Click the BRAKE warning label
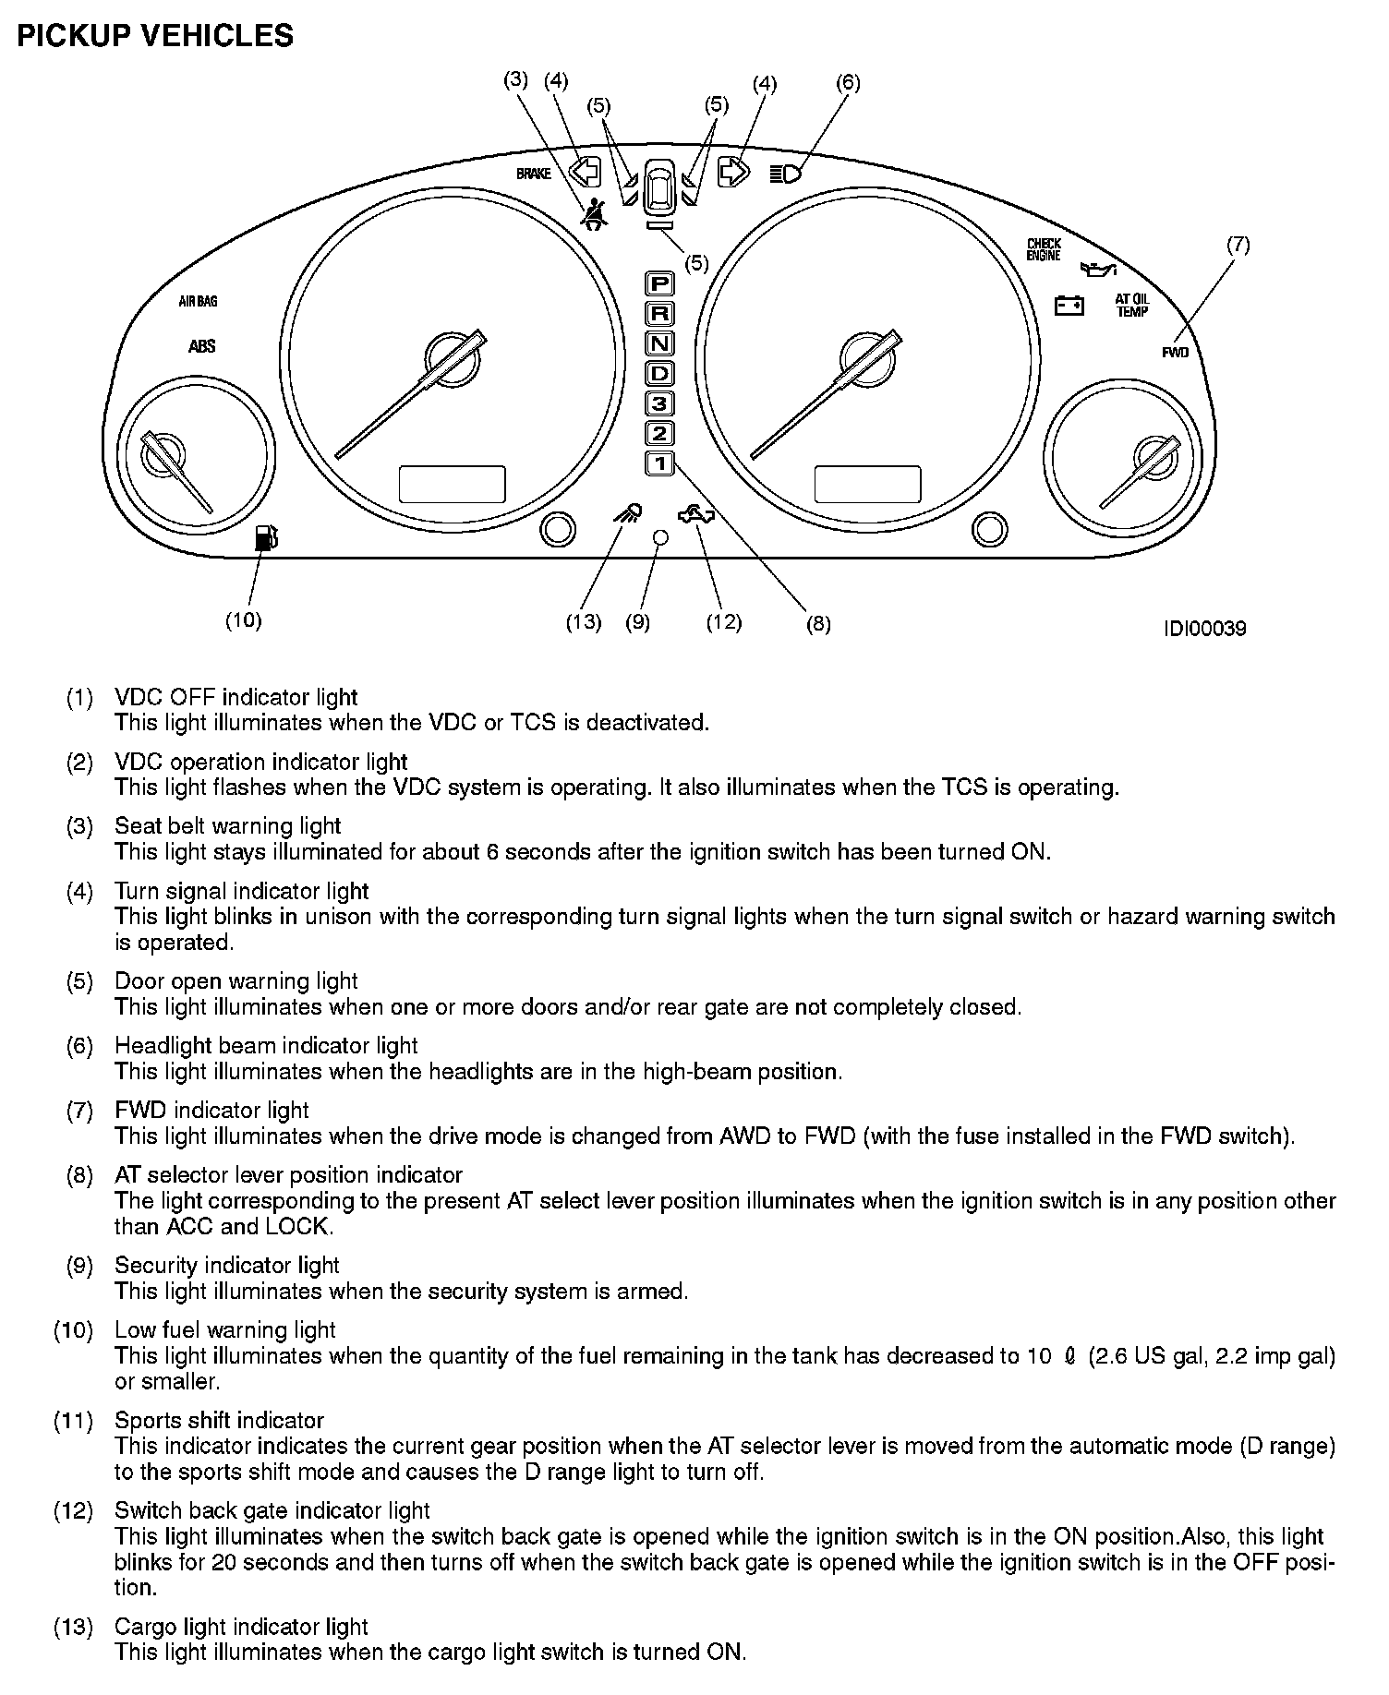coord(533,174)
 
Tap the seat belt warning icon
coord(594,215)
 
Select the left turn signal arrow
coord(585,172)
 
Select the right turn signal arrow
coord(733,172)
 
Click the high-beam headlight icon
coord(786,173)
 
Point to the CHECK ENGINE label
coord(1045,250)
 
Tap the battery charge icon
coord(1069,305)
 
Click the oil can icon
coord(1098,270)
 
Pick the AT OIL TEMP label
coord(1132,306)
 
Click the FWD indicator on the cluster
coord(1175,353)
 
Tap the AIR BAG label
coord(199,302)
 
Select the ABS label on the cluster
coord(201,346)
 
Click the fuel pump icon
coord(265,537)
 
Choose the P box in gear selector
coord(659,283)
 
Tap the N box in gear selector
coord(659,343)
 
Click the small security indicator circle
coord(659,536)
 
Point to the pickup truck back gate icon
coord(695,515)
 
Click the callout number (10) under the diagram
coord(244,620)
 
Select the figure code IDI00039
coord(1204,629)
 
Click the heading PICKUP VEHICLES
coord(155,36)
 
